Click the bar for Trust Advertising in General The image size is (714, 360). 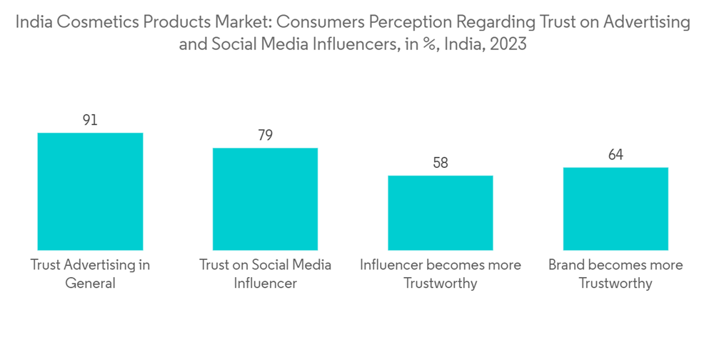pyautogui.click(x=90, y=191)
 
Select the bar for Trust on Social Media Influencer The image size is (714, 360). pyautogui.click(x=265, y=199)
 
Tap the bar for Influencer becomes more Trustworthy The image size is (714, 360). pyautogui.click(x=441, y=212)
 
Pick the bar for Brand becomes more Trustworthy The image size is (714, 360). pyautogui.click(x=615, y=209)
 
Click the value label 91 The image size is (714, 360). pyautogui.click(x=90, y=121)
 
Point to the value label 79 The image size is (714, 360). pyautogui.click(x=265, y=136)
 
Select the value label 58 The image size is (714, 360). pyautogui.click(x=441, y=163)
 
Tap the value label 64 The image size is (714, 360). pyautogui.click(x=615, y=155)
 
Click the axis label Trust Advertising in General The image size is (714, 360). pyautogui.click(x=90, y=274)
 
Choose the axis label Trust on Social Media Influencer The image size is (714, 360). pyautogui.click(x=265, y=274)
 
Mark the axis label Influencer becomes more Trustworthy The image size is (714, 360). pyautogui.click(x=441, y=274)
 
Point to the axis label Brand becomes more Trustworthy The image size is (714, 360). pyautogui.click(x=615, y=274)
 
